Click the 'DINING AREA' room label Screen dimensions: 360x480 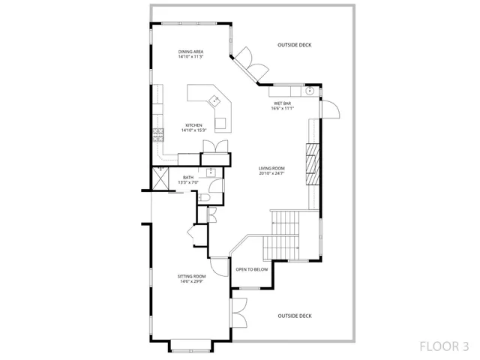[x=191, y=51]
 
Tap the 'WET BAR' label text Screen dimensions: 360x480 [x=282, y=103]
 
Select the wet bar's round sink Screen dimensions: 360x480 [x=309, y=91]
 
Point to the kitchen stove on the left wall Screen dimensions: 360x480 [x=158, y=136]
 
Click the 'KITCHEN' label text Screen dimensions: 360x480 [x=194, y=125]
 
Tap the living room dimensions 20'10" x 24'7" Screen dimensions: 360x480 [x=272, y=173]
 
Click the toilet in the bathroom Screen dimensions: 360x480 [x=205, y=196]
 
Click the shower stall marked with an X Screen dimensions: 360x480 [x=160, y=178]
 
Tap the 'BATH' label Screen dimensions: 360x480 [x=188, y=178]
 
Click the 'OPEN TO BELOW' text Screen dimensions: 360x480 [x=252, y=269]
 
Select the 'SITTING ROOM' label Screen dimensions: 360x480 [x=191, y=276]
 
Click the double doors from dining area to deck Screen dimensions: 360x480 [x=250, y=66]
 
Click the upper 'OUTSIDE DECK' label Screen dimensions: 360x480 [x=294, y=45]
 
